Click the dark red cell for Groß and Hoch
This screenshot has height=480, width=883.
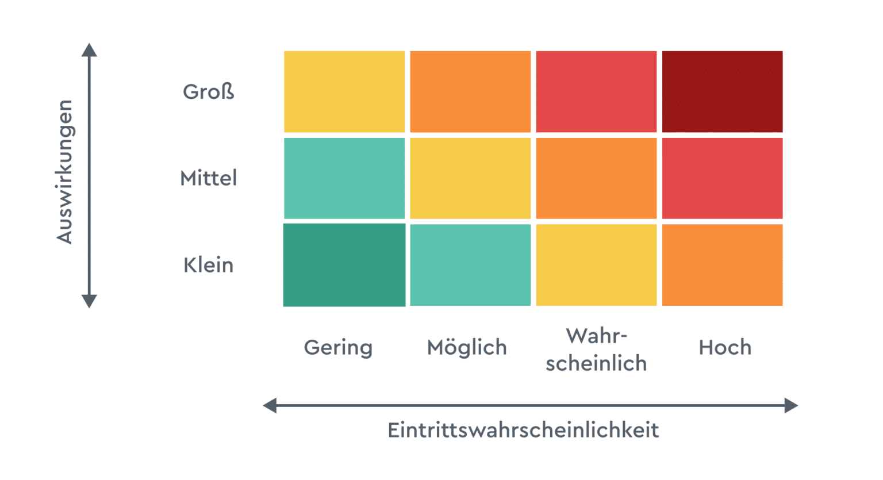[722, 91]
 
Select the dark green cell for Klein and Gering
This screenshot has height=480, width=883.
[344, 265]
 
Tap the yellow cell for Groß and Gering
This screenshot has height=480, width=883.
[344, 91]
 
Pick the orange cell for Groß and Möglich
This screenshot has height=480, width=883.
[470, 91]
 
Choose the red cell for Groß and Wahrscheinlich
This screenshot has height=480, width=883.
[596, 91]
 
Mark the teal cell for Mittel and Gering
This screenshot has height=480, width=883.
[344, 178]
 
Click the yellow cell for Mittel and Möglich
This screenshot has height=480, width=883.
[470, 178]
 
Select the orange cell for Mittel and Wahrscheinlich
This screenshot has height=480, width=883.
[596, 178]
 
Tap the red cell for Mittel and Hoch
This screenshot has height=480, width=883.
[722, 178]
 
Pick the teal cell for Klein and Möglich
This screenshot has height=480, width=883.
[470, 265]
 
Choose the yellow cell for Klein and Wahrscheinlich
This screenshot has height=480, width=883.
[596, 265]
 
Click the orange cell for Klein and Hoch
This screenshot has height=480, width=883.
[722, 265]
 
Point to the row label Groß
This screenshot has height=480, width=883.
[209, 92]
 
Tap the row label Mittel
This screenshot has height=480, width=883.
[209, 178]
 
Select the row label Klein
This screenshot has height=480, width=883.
[209, 265]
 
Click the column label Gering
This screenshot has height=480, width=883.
[338, 348]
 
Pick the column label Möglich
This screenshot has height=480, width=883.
[467, 348]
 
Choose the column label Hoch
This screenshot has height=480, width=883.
[725, 348]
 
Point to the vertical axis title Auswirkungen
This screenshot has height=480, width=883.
[65, 172]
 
